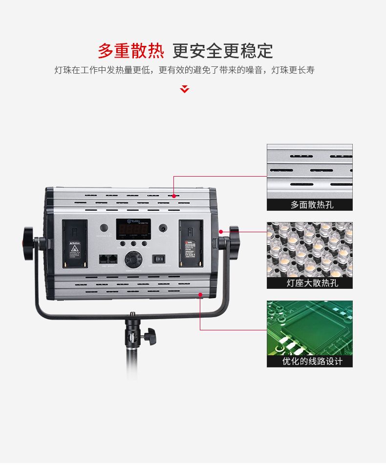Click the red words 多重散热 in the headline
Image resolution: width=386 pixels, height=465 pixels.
[x=130, y=50]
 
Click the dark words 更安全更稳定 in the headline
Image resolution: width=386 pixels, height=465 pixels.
[x=222, y=50]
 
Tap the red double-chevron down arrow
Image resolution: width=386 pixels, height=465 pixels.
[x=185, y=89]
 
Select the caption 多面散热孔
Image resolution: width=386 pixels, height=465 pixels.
[x=309, y=204]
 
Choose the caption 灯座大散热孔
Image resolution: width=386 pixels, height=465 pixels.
[x=309, y=283]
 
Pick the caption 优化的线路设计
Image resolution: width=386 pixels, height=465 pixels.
[x=309, y=361]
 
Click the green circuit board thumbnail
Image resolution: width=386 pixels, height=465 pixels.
[x=309, y=327]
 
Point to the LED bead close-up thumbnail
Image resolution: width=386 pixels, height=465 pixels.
[x=309, y=249]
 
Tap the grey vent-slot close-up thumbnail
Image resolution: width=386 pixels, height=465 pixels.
[x=309, y=171]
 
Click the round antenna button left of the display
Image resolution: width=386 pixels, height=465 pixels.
[x=104, y=228]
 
